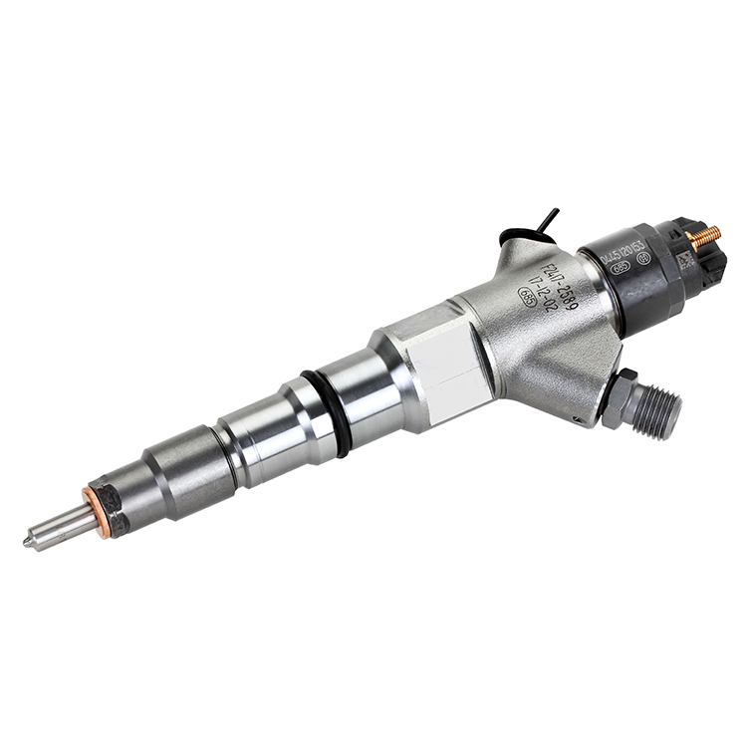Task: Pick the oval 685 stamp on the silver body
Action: point(526,296)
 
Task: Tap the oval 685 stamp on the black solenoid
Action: point(621,267)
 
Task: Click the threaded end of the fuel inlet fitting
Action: point(661,409)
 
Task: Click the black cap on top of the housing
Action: point(519,238)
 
